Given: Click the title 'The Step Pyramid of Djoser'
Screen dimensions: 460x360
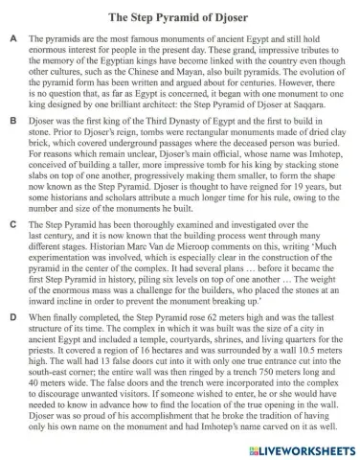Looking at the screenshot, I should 180,16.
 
